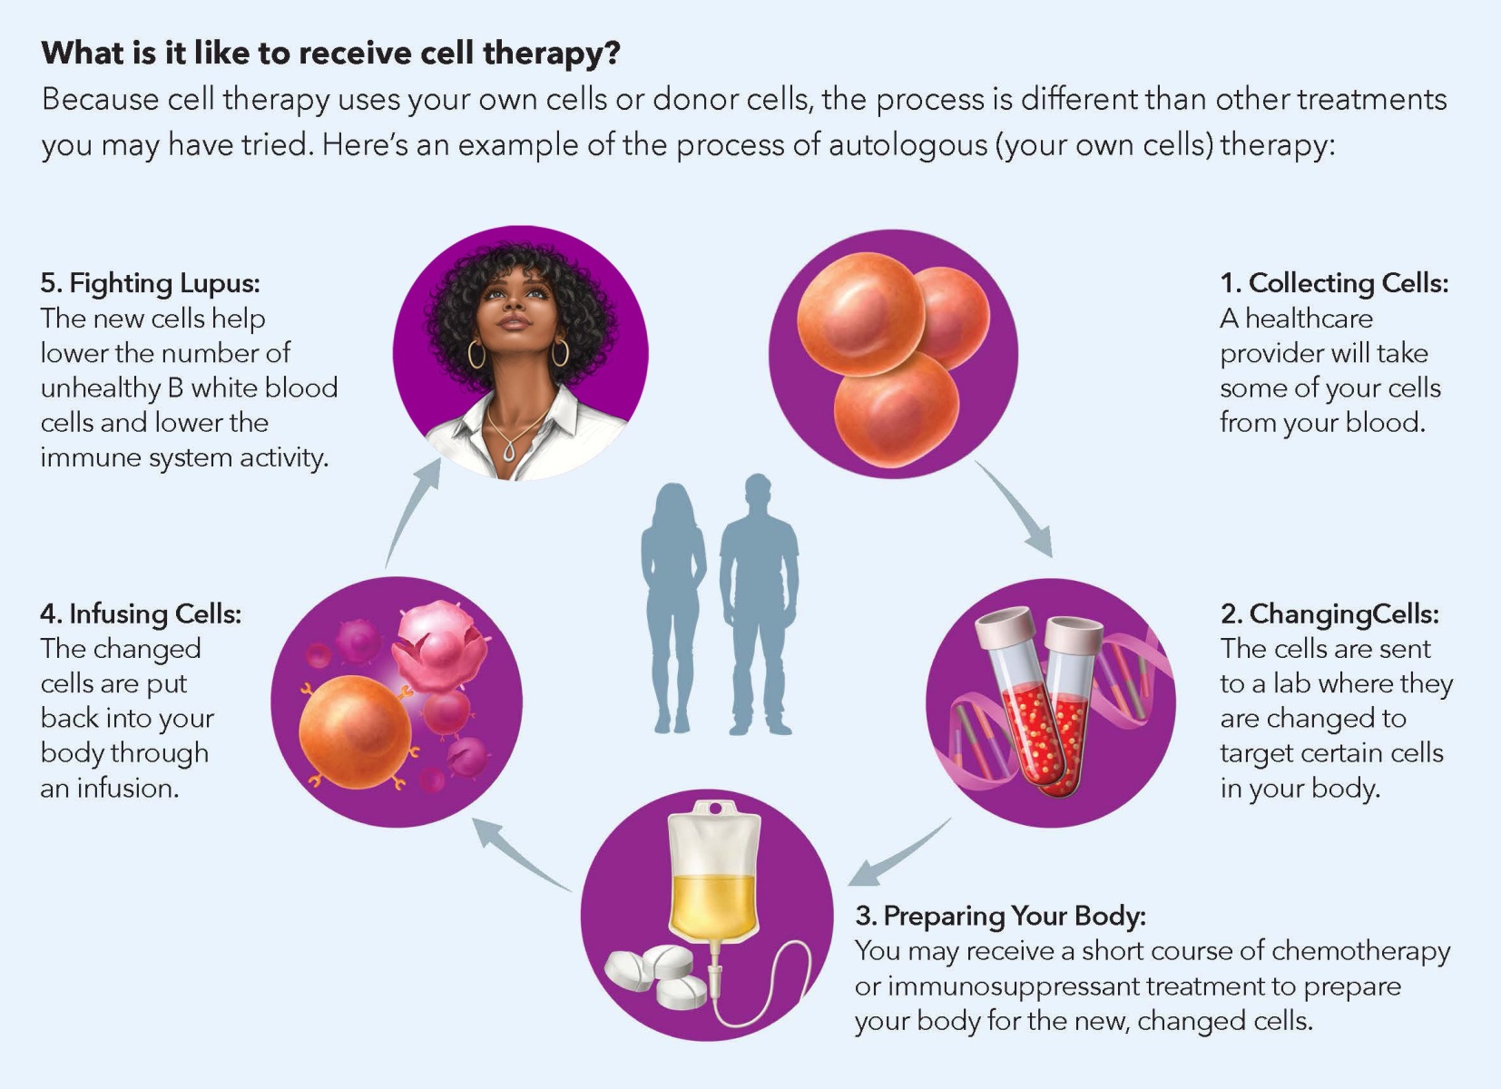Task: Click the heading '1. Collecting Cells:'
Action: pyautogui.click(x=1333, y=283)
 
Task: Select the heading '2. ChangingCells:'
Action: pyautogui.click(x=1329, y=614)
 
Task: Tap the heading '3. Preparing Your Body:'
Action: pyautogui.click(x=1000, y=916)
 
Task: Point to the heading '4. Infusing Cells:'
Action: pyautogui.click(x=141, y=614)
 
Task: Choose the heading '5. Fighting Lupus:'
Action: pyautogui.click(x=150, y=283)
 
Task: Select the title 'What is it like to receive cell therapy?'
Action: pyautogui.click(x=330, y=53)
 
